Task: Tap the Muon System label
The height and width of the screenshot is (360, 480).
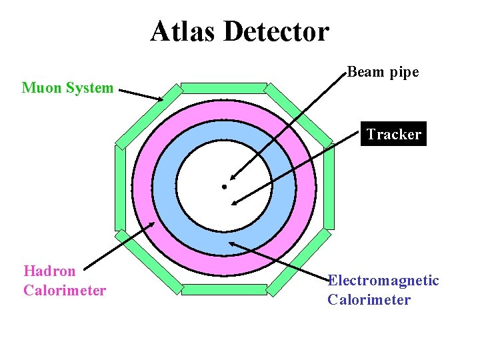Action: click(x=67, y=87)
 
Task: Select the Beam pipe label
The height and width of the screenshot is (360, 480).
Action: click(x=383, y=72)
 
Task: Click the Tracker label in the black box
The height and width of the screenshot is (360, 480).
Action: click(x=393, y=134)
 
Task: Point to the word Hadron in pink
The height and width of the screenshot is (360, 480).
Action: click(x=49, y=271)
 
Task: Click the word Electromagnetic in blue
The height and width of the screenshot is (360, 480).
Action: click(x=384, y=281)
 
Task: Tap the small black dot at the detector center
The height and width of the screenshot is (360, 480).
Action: click(x=225, y=187)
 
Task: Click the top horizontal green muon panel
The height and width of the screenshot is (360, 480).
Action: click(x=224, y=87)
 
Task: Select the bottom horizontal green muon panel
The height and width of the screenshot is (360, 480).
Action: click(x=224, y=289)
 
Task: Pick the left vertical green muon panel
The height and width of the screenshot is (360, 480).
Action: click(x=120, y=187)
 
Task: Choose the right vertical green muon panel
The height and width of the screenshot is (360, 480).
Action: click(x=329, y=187)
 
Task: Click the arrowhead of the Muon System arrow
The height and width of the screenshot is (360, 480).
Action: click(x=160, y=100)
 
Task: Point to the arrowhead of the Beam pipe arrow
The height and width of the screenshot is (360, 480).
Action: click(x=231, y=178)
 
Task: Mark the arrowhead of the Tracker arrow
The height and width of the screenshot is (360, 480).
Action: click(x=235, y=201)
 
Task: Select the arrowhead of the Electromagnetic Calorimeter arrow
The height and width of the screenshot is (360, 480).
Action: click(x=233, y=244)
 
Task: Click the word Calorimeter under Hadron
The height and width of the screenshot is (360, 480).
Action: click(x=65, y=291)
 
